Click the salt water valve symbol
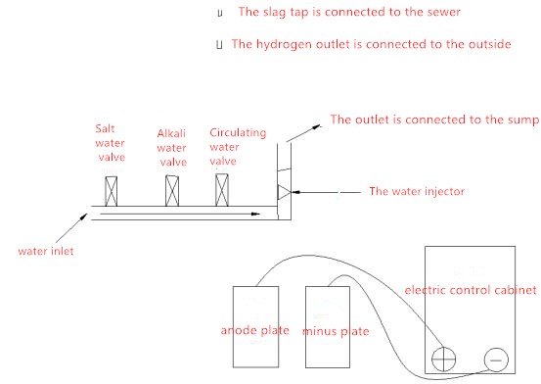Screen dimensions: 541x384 click(x=112, y=191)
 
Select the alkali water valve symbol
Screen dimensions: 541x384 click(x=172, y=191)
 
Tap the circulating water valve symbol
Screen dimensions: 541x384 click(x=222, y=190)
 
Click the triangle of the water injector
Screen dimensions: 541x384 click(x=284, y=192)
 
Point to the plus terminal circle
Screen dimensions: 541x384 click(x=444, y=360)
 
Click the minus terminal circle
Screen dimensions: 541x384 click(x=496, y=360)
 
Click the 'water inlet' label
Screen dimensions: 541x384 click(x=46, y=251)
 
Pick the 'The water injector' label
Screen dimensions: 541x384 click(x=417, y=191)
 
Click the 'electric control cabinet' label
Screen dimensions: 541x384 click(x=471, y=290)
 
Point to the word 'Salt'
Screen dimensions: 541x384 click(x=105, y=128)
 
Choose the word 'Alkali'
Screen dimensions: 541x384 click(x=171, y=133)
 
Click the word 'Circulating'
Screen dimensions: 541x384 click(x=238, y=132)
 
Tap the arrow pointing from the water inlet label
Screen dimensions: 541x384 click(x=71, y=228)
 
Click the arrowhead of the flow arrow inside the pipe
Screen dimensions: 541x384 click(x=255, y=214)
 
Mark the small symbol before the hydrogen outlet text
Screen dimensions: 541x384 click(x=219, y=45)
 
